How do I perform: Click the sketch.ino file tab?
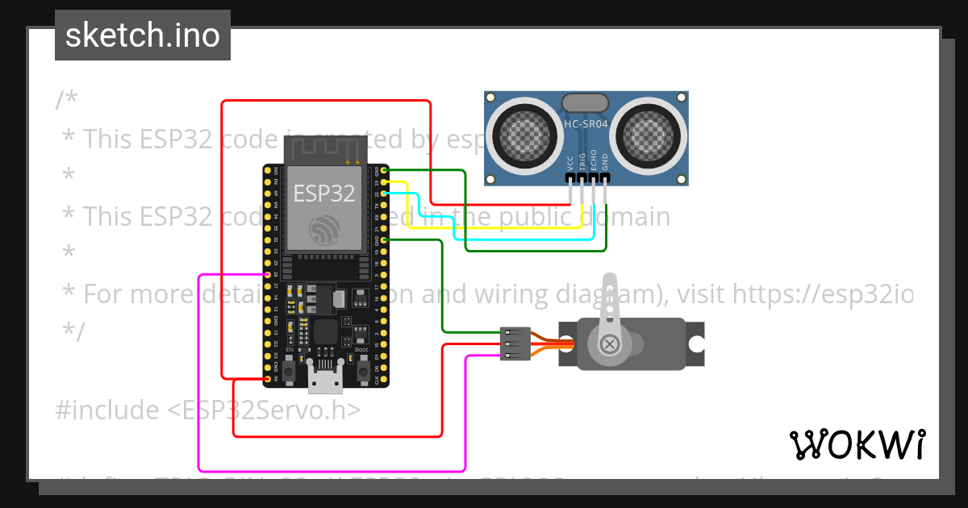click(x=143, y=35)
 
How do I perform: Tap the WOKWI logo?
click(x=857, y=444)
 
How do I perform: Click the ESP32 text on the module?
click(x=323, y=194)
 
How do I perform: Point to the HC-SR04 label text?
click(x=586, y=124)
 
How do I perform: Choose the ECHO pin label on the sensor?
click(x=594, y=159)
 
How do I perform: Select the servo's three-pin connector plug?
click(x=515, y=344)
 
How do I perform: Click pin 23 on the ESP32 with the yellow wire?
click(x=385, y=182)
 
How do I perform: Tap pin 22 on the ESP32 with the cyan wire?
click(x=385, y=194)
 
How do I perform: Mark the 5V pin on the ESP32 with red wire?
click(x=267, y=378)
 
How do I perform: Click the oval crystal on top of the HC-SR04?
click(x=585, y=102)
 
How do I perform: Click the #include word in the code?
click(x=107, y=410)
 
